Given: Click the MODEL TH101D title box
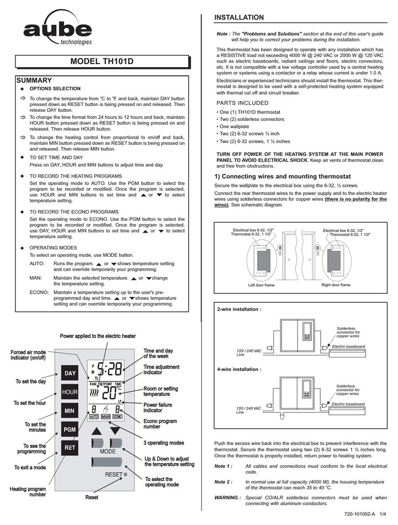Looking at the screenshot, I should point(101,62).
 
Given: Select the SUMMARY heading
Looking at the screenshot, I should point(33,79).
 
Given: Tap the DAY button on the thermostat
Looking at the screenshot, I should point(69,373).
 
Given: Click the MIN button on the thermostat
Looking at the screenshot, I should point(69,410).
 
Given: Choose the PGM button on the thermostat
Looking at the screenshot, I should point(69,429).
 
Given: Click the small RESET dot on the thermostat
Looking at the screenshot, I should point(126,475).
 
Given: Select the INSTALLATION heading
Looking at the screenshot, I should point(239,18).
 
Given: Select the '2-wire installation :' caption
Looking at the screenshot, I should point(239,310).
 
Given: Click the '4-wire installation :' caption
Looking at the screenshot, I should point(239,369).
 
